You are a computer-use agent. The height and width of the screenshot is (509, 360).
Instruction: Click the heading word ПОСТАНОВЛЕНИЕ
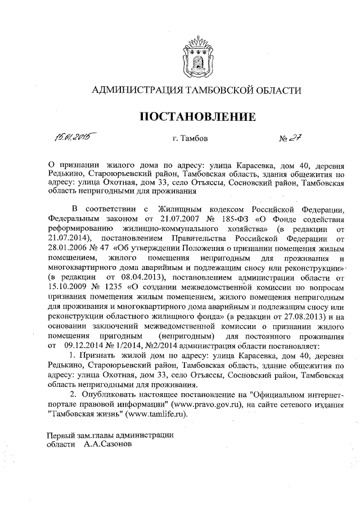[x=197, y=117]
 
